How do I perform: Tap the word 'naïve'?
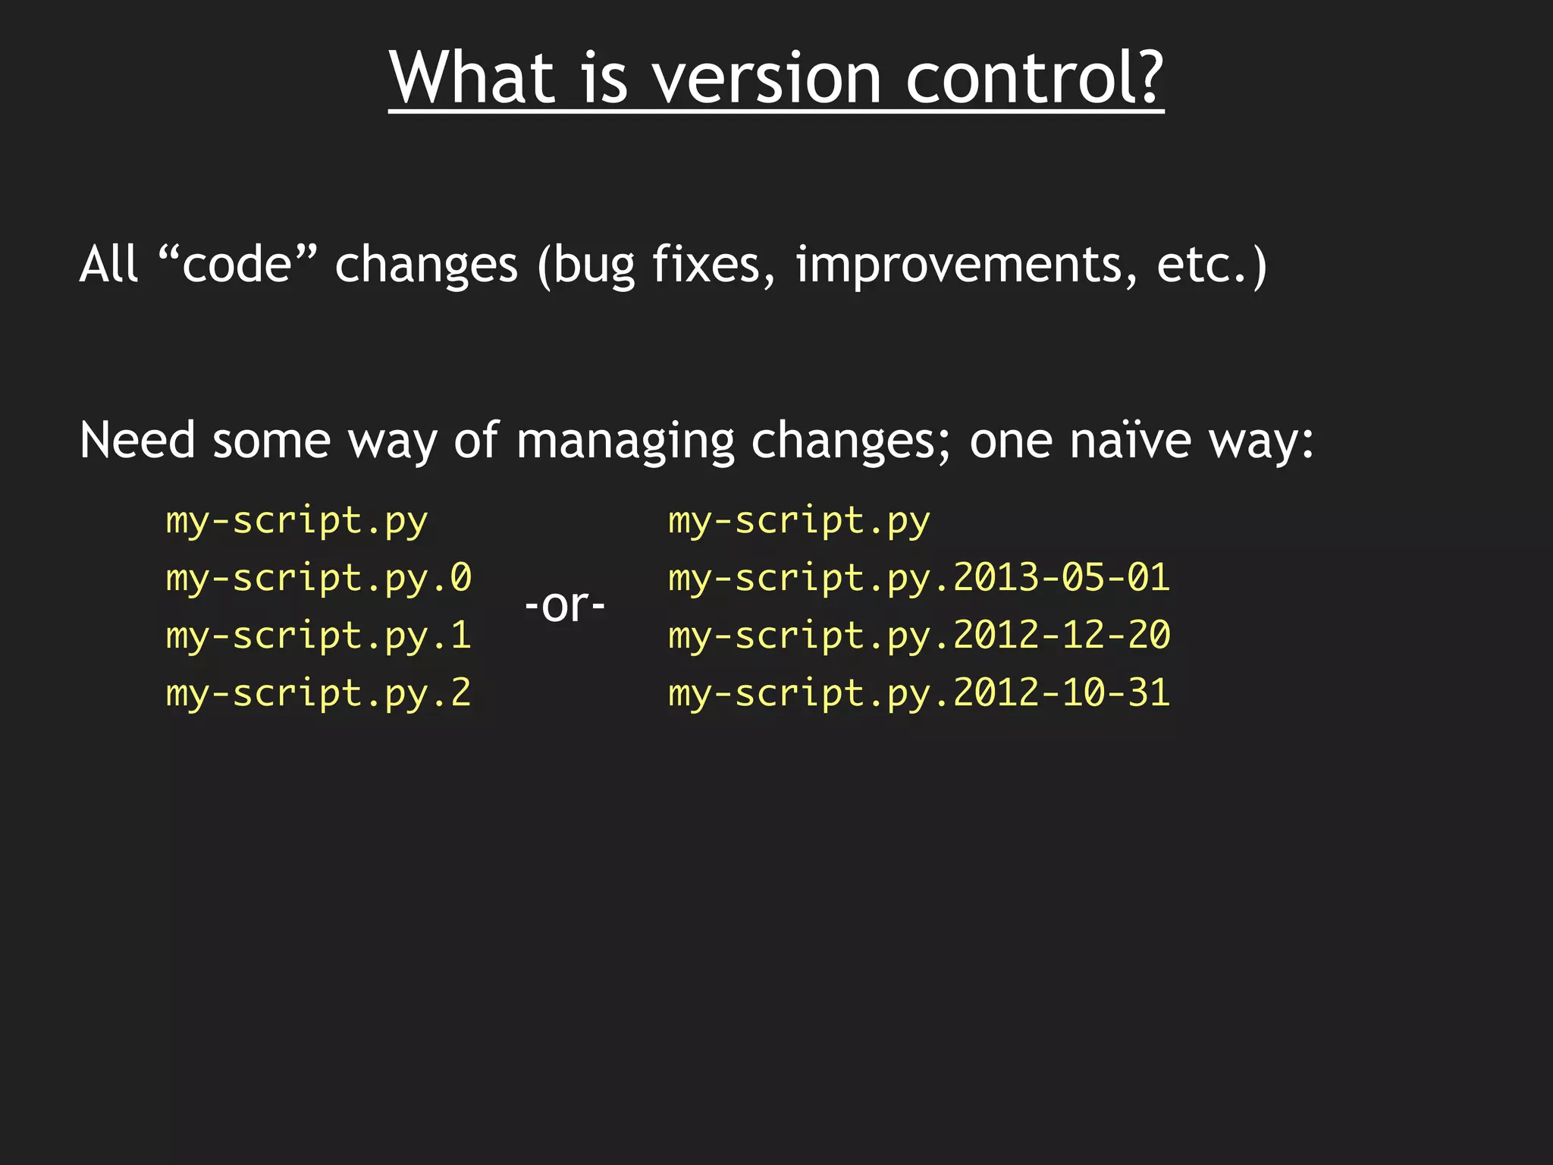[x=1130, y=441]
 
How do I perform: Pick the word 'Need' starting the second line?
[x=137, y=441]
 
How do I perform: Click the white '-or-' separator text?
[x=565, y=606]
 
